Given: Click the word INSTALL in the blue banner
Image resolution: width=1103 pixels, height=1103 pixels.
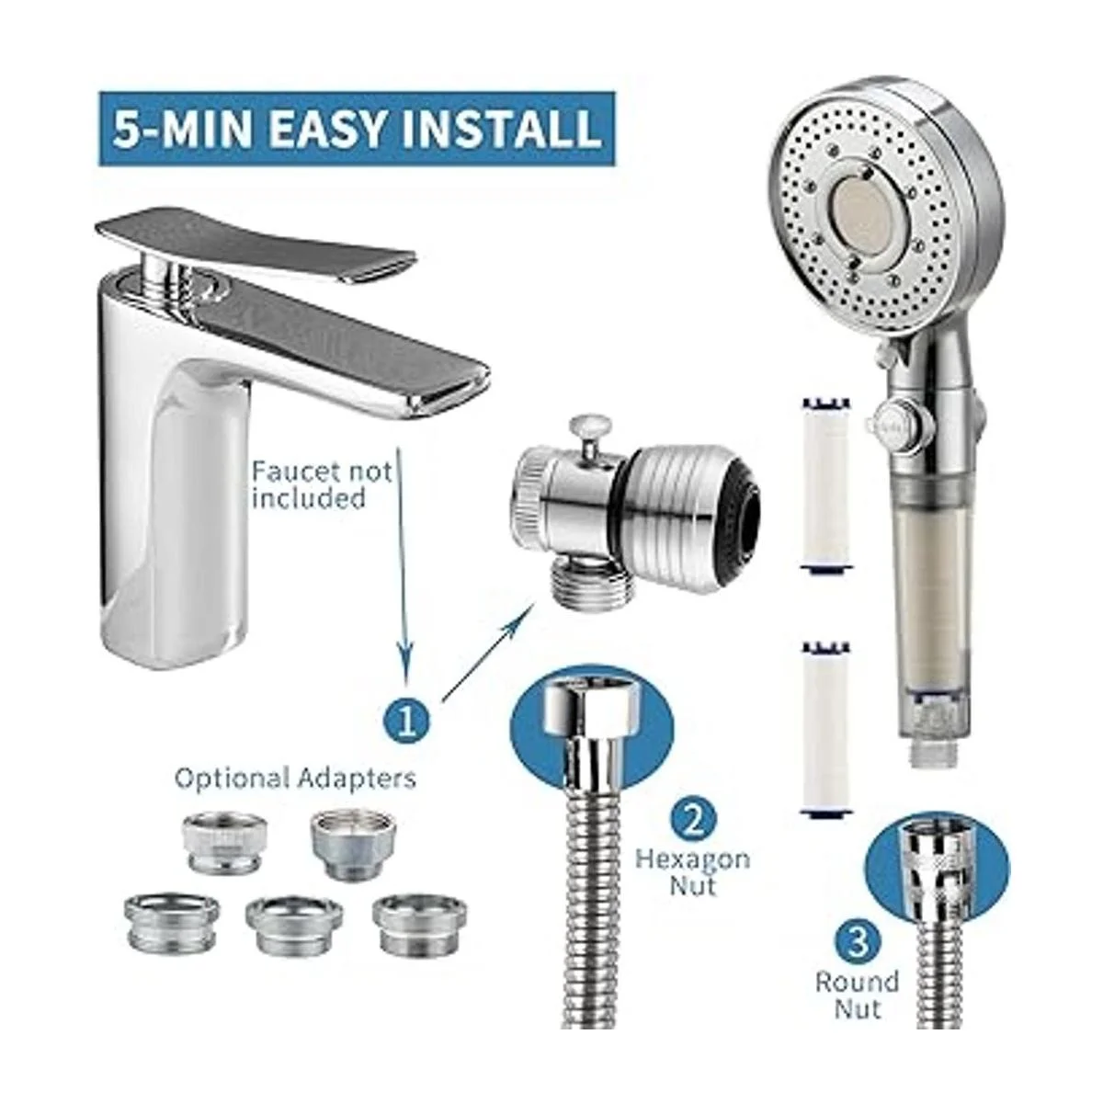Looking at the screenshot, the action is pos(502,129).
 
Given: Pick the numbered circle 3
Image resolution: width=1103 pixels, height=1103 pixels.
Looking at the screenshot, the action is pos(857,944).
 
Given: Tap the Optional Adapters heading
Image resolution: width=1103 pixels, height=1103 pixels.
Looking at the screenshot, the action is pos(295,779).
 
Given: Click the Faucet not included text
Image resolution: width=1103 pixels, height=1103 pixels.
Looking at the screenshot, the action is pos(323,484).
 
